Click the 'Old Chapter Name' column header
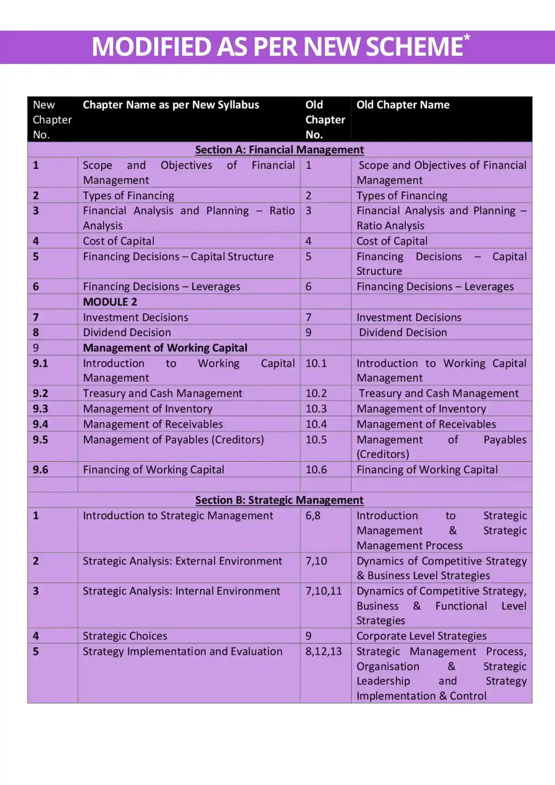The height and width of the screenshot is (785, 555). pyautogui.click(x=403, y=105)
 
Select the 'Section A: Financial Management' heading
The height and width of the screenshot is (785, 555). pyautogui.click(x=279, y=150)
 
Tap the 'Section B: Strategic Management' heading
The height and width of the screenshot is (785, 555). pyautogui.click(x=279, y=500)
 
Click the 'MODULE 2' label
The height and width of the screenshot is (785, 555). pyautogui.click(x=110, y=302)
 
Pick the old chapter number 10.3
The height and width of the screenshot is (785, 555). pyautogui.click(x=316, y=409)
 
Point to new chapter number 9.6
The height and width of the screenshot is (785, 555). pyautogui.click(x=40, y=469)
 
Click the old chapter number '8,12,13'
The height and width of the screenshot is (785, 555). pyautogui.click(x=323, y=651)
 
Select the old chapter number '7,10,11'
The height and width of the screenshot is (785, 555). pyautogui.click(x=323, y=591)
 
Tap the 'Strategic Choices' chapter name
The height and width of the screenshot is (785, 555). pyautogui.click(x=125, y=636)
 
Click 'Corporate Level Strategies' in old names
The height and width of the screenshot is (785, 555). pyautogui.click(x=421, y=636)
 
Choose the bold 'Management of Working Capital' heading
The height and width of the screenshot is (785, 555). pyautogui.click(x=165, y=348)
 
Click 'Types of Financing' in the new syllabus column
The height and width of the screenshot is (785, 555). pyautogui.click(x=128, y=195)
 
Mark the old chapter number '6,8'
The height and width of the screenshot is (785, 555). pyautogui.click(x=313, y=515)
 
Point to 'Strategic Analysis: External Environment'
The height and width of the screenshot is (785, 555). pyautogui.click(x=182, y=561)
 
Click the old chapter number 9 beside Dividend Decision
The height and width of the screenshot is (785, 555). pyautogui.click(x=309, y=332)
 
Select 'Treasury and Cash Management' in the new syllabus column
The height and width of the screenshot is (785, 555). pyautogui.click(x=162, y=393)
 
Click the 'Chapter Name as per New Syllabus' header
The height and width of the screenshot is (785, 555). pyautogui.click(x=171, y=105)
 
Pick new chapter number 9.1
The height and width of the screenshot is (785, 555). pyautogui.click(x=40, y=363)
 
